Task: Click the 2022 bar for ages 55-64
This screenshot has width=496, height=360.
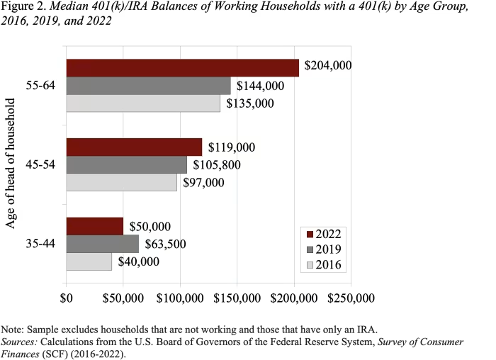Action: (x=182, y=67)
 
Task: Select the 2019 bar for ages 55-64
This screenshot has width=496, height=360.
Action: (x=148, y=86)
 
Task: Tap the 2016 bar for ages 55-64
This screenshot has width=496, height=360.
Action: (x=143, y=103)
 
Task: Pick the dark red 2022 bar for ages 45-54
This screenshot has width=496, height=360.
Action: (x=134, y=147)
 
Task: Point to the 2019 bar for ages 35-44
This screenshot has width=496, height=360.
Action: (x=103, y=244)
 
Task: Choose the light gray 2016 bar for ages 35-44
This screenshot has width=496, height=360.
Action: (x=89, y=261)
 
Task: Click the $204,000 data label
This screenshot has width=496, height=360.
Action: (x=328, y=66)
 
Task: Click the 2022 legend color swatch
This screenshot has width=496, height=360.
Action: (x=310, y=234)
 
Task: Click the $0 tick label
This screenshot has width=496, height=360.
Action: (x=67, y=296)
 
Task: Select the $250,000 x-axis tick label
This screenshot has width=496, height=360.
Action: (x=351, y=296)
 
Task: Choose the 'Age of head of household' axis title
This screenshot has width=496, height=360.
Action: (x=11, y=164)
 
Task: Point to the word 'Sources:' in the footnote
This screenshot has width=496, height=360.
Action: (x=23, y=341)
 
